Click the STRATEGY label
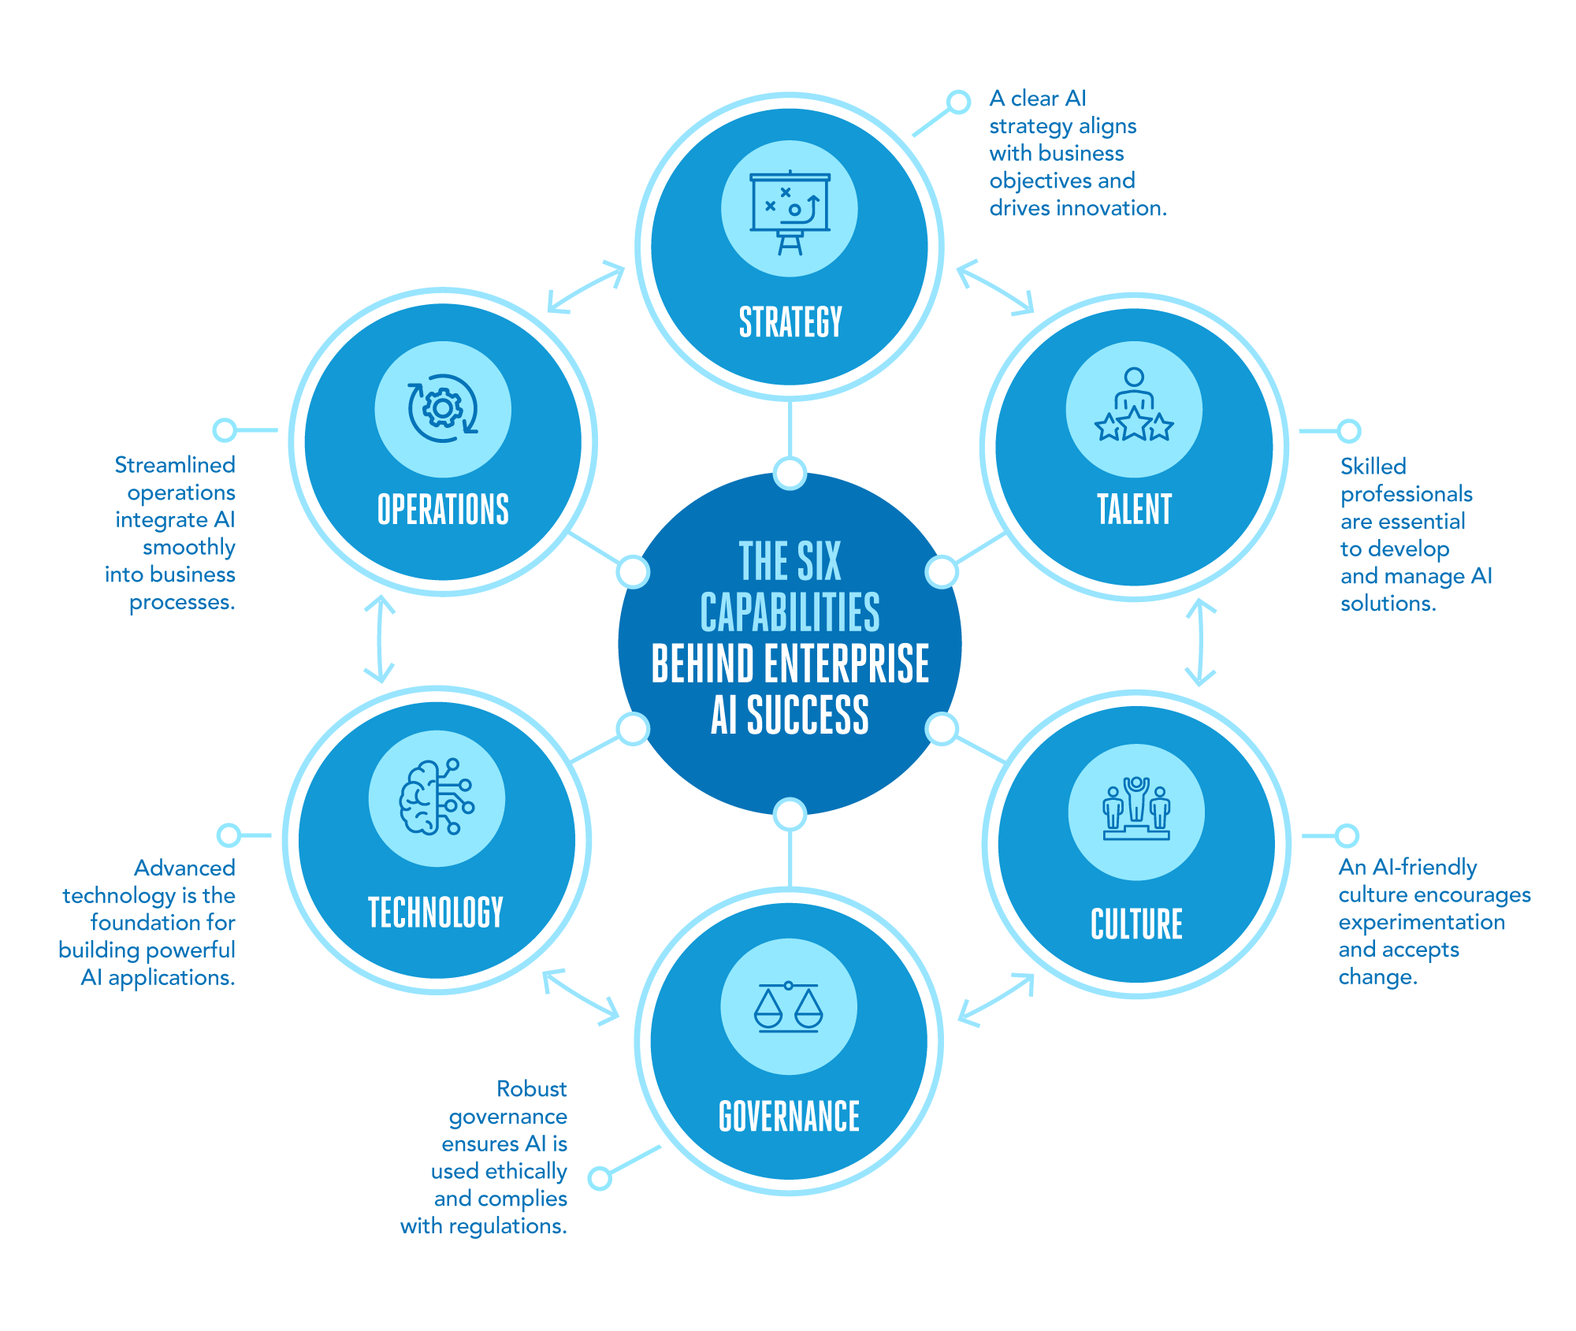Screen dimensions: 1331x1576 [x=790, y=322]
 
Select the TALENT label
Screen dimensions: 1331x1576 [x=1134, y=509]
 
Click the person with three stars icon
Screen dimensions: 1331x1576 [x=1134, y=407]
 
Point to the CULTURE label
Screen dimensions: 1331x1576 [x=1136, y=924]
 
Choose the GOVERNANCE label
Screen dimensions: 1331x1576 [x=789, y=1116]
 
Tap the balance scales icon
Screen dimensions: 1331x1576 [x=788, y=1007]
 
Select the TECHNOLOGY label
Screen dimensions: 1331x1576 [x=436, y=912]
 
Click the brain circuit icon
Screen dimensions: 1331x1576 [x=437, y=797]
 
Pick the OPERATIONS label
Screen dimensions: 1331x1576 [x=443, y=509]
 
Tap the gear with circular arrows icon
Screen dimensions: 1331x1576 [x=443, y=408]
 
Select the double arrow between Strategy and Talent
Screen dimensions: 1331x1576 [x=994, y=287]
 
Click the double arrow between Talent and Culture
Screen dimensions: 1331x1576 [x=1200, y=642]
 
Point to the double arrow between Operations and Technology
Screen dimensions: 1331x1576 [x=380, y=639]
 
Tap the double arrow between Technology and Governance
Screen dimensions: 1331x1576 [x=582, y=997]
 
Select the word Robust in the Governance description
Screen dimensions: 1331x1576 [x=531, y=1089]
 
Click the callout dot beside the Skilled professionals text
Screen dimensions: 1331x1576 [x=1349, y=431]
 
